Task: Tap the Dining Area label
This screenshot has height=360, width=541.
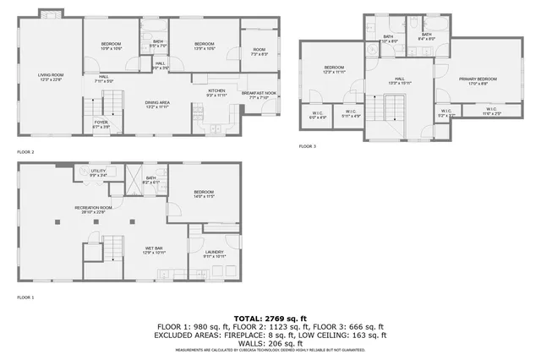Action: pyautogui.click(x=157, y=104)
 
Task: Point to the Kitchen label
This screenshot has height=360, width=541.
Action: pyautogui.click(x=216, y=92)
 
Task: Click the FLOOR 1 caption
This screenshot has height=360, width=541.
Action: pyautogui.click(x=26, y=297)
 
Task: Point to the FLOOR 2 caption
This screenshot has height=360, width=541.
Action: pyautogui.click(x=26, y=152)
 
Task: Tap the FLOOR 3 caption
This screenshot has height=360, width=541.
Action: pyautogui.click(x=307, y=146)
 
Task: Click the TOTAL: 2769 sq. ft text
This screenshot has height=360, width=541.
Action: pyautogui.click(x=270, y=317)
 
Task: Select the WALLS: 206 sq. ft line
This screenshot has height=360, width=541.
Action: pyautogui.click(x=270, y=342)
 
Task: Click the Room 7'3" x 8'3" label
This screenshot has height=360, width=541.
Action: pyautogui.click(x=259, y=52)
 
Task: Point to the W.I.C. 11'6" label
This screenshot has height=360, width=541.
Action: pyautogui.click(x=492, y=111)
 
